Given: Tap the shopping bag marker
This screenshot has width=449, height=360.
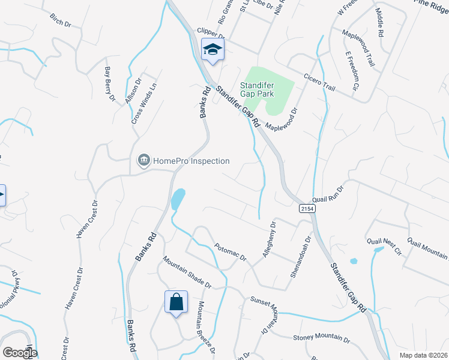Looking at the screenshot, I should click(176, 302).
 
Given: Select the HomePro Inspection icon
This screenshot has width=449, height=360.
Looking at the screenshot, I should click(143, 161).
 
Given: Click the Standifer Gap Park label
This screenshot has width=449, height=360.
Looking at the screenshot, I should click(258, 90).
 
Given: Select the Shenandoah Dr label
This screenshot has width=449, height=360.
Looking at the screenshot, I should click(301, 256).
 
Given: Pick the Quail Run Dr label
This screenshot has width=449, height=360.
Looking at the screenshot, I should click(328, 193).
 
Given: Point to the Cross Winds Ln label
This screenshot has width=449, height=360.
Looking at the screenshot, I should click(144, 103).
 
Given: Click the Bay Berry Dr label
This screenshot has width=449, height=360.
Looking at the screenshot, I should click(109, 84).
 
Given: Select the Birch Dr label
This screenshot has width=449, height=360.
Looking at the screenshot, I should click(61, 22).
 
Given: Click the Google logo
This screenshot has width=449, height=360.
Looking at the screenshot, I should click(19, 352).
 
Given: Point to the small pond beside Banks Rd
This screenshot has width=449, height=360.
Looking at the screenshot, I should click(178, 199).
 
